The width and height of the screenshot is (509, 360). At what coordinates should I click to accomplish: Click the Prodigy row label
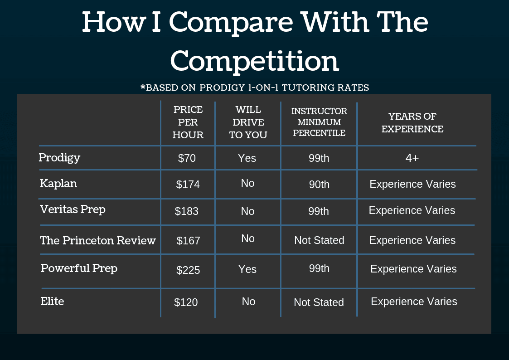point(59,158)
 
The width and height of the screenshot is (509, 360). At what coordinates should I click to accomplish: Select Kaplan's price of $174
point(188,185)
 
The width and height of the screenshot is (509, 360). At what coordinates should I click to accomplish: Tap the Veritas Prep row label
point(73,210)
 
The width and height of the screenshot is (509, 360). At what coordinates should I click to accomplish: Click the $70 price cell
point(187,158)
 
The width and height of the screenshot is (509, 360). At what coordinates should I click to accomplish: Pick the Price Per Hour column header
point(188,122)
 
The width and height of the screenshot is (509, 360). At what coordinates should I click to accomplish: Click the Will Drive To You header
point(248,122)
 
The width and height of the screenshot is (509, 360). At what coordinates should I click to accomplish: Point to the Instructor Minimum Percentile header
point(319,122)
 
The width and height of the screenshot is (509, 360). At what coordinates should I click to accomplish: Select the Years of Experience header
point(412,123)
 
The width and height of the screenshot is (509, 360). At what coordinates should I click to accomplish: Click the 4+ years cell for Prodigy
point(412,158)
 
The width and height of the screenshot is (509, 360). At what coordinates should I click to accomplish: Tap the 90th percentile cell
point(319,185)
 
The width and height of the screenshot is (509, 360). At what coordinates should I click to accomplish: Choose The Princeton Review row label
point(98,241)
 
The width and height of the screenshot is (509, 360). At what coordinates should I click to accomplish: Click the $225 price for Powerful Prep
point(188,270)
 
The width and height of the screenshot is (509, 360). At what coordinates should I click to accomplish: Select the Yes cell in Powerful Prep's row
point(247,269)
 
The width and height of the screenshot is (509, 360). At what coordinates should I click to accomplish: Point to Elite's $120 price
point(186,302)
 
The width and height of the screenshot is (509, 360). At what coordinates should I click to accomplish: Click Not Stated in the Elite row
point(319,302)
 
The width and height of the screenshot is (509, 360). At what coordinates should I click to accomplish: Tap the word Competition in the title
point(255,61)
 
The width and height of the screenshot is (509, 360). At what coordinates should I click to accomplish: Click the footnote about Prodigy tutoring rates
point(255,88)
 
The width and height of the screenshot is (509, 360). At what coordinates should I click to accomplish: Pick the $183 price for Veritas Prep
point(186,211)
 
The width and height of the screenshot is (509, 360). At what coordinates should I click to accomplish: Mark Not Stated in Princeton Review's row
point(319,240)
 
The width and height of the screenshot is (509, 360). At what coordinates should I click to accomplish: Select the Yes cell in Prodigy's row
point(247,158)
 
